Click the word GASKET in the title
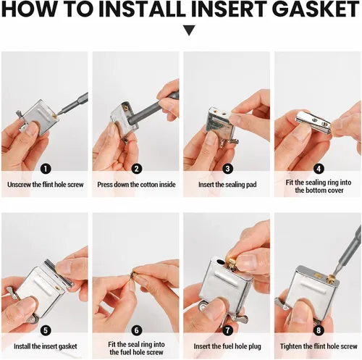317,9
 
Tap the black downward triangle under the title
189,30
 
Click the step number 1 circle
46,169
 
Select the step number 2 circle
137,169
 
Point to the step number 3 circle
227,169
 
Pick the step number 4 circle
319,169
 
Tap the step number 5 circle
46,330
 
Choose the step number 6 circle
137,330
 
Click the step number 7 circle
227,330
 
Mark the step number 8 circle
319,330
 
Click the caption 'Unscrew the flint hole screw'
46,185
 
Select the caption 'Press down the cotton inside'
136,185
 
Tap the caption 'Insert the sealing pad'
227,185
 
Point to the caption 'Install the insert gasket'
46,346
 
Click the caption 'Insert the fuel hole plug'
227,346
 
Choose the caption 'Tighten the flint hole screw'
319,346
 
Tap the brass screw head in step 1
56,116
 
